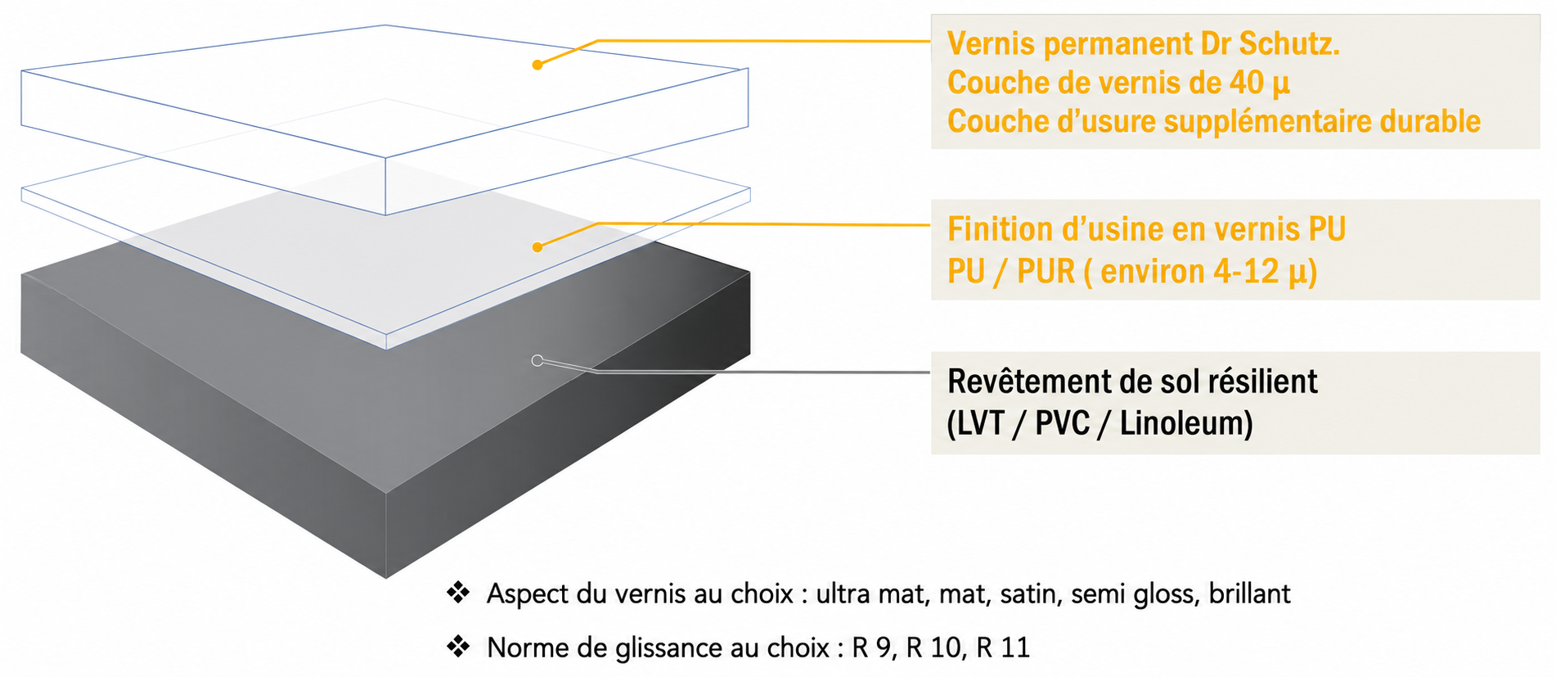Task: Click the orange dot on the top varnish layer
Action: coord(537,65)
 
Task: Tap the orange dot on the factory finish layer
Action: coord(537,246)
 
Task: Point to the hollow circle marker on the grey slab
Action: coord(537,360)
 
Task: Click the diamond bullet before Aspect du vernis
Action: coord(458,592)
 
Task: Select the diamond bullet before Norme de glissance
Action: coord(458,647)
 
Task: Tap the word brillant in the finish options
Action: coord(1249,594)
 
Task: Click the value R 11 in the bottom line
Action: coord(1003,648)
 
